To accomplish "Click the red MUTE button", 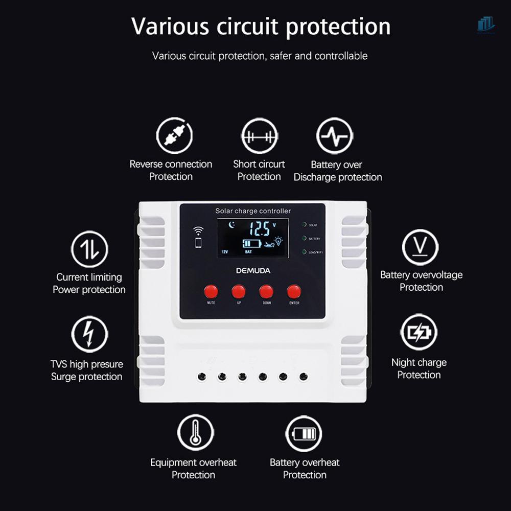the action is click(x=211, y=291).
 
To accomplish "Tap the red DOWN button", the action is click(x=266, y=291).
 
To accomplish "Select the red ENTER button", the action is click(x=294, y=291).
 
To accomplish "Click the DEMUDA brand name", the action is click(x=253, y=270).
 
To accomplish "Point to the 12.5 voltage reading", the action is click(x=263, y=228).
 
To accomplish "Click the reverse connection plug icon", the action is click(x=174, y=136).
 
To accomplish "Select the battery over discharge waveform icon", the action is click(x=335, y=136).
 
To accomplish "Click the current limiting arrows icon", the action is click(x=89, y=249).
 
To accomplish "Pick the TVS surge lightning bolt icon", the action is click(x=89, y=335).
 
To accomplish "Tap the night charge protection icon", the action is click(x=419, y=332).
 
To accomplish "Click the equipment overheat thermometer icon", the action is click(x=195, y=432).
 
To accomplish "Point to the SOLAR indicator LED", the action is click(x=304, y=224).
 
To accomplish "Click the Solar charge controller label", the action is click(x=253, y=211).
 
